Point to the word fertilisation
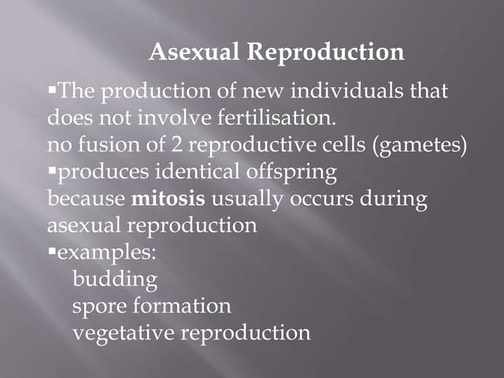click(x=269, y=119)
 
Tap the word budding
click(x=114, y=280)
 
